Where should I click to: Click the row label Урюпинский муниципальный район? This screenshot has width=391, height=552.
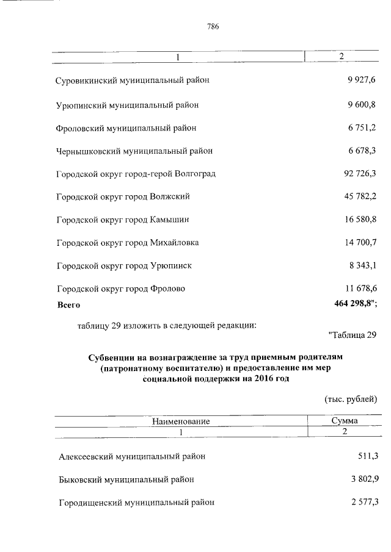coord(126,105)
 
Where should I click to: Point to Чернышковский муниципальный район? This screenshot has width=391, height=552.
coord(134,151)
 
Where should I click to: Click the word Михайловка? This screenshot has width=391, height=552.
coord(174,242)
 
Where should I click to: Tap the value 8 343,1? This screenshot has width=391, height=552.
coord(362,265)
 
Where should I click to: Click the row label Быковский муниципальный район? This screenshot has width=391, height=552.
coord(126,479)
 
